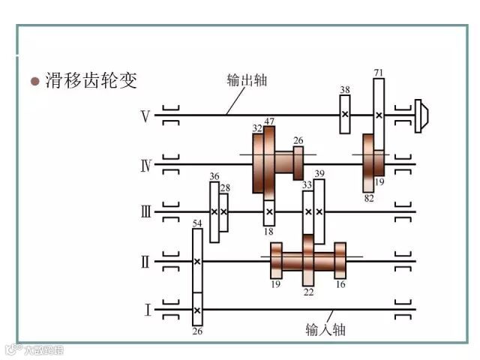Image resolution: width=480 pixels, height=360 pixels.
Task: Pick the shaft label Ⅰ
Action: click(147, 310)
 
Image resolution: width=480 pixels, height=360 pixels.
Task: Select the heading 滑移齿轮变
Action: click(92, 80)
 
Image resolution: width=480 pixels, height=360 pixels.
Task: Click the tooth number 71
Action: click(379, 72)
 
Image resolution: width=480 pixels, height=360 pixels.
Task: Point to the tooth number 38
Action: click(344, 90)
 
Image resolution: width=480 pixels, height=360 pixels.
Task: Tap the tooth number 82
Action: click(368, 198)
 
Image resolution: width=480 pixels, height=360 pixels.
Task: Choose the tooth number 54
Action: click(197, 223)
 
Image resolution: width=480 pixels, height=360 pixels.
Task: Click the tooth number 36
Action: click(214, 177)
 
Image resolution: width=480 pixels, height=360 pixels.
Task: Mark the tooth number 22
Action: click(308, 290)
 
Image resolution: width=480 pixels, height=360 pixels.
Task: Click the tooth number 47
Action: click(269, 121)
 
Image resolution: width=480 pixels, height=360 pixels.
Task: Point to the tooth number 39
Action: click(319, 174)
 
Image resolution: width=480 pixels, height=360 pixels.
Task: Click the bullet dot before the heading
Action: click(34, 81)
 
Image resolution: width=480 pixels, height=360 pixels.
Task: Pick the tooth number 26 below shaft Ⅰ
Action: click(197, 331)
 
